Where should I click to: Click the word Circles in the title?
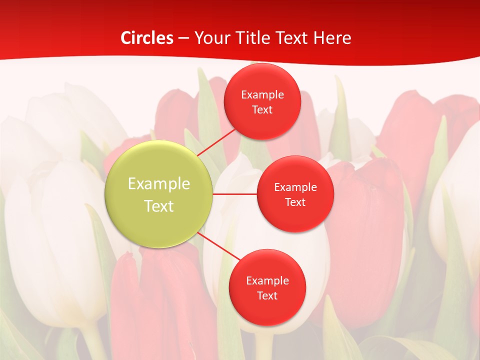pyautogui.click(x=147, y=38)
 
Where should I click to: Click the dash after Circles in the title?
pyautogui.click(x=183, y=38)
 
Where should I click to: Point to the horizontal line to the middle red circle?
pyautogui.click(x=235, y=193)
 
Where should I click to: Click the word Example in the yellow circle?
pyautogui.click(x=159, y=184)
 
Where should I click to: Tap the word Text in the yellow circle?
pyautogui.click(x=159, y=206)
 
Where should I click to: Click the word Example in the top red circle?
pyautogui.click(x=262, y=95)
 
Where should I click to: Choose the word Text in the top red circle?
pyautogui.click(x=262, y=109)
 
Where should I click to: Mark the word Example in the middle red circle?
pyautogui.click(x=295, y=187)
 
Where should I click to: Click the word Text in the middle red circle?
pyautogui.click(x=295, y=202)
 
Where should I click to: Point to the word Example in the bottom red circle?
pyautogui.click(x=267, y=281)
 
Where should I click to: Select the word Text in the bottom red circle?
pyautogui.click(x=267, y=295)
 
